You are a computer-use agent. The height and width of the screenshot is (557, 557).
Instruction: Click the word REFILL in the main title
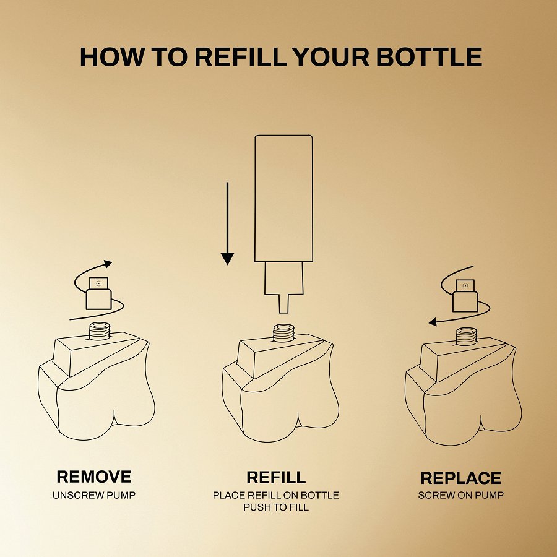[241, 57]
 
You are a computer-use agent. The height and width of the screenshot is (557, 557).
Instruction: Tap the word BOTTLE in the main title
[429, 57]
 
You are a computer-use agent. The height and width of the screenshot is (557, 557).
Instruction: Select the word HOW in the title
[112, 57]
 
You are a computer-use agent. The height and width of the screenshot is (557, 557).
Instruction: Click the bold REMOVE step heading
[94, 477]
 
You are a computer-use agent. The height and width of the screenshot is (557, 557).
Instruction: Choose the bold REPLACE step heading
[460, 478]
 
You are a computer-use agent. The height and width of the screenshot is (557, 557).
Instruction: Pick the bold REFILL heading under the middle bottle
[277, 477]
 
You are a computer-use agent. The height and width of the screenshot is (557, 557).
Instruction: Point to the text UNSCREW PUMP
[94, 495]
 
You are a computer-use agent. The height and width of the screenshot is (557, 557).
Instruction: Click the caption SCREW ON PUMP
[460, 495]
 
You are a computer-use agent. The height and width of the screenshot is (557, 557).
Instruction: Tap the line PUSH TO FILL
[276, 507]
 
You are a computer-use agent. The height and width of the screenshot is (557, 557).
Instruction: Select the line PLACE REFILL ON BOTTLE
[276, 495]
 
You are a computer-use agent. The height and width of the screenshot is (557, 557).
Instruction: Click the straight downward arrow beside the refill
[227, 223]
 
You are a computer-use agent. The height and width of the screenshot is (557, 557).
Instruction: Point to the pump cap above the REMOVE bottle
[99, 293]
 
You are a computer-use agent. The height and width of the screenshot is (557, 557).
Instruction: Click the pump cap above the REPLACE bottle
[465, 296]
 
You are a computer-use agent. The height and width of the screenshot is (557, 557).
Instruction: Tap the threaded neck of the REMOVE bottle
[100, 331]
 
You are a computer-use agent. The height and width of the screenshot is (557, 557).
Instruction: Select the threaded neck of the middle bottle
[283, 333]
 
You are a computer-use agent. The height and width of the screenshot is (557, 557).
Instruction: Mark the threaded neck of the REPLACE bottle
[467, 337]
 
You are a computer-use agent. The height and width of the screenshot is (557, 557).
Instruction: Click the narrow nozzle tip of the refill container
[283, 304]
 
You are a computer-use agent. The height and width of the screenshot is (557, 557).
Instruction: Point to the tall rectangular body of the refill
[284, 198]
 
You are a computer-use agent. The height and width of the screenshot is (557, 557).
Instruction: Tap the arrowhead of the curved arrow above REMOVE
[108, 264]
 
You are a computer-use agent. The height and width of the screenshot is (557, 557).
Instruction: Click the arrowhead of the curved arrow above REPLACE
[433, 322]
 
